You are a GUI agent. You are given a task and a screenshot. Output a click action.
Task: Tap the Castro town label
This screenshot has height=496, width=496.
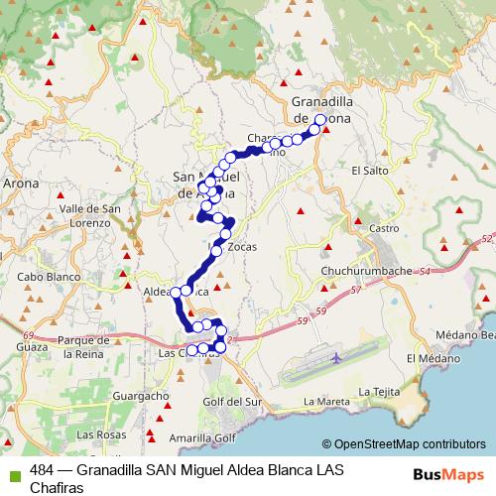(x=384, y=228)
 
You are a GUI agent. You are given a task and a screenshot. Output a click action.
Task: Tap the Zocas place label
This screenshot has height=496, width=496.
(x=242, y=247)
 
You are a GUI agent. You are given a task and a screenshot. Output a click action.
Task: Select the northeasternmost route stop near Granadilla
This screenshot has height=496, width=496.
(x=320, y=120)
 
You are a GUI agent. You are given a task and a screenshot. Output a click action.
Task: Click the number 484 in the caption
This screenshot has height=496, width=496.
(x=42, y=468)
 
